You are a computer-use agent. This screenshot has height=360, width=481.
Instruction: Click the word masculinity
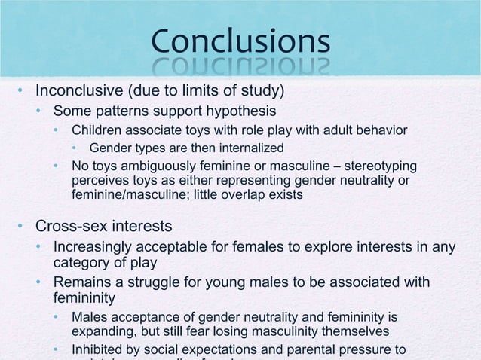(x=283, y=331)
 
